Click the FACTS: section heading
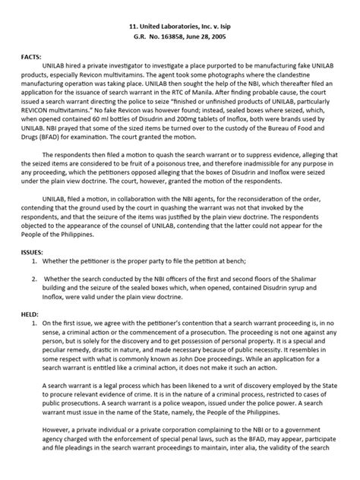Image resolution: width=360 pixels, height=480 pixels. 33,57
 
